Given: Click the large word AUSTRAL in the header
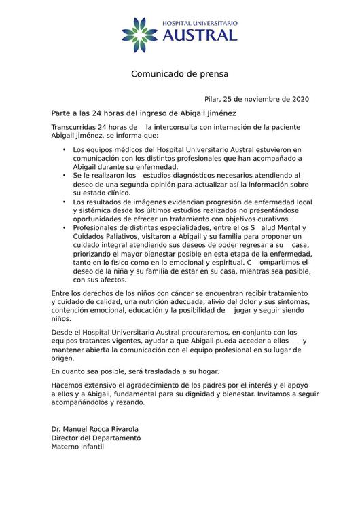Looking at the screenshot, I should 199,35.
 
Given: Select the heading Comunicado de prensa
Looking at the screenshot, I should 180,73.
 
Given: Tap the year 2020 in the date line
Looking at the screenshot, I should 300,99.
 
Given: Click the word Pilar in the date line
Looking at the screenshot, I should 213,99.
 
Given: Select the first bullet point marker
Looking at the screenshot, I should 64,148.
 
